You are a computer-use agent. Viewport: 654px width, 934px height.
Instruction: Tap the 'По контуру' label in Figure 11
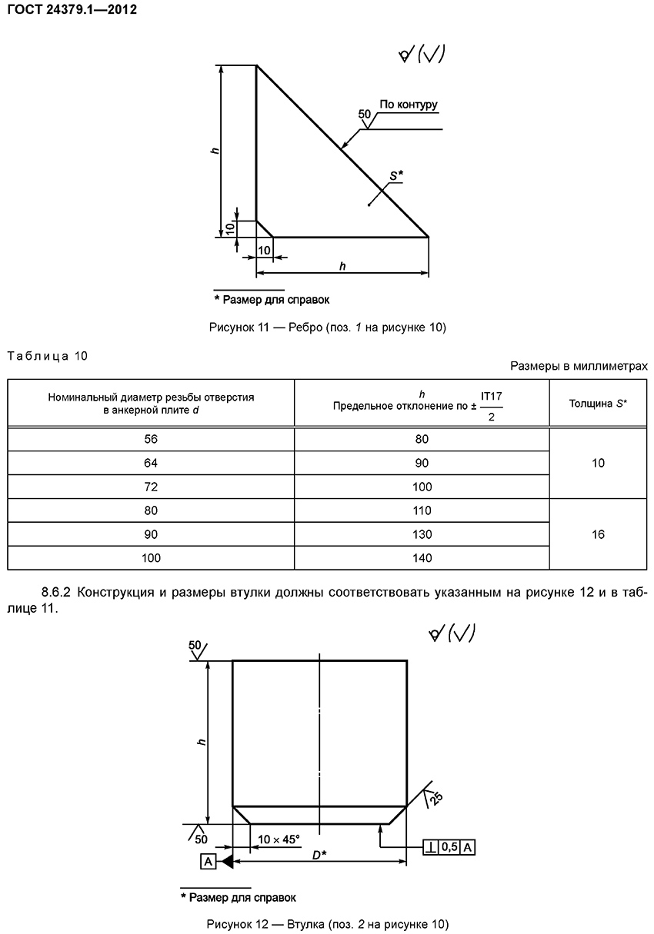(408, 105)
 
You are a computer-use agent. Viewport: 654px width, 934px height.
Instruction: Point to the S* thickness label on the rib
(395, 176)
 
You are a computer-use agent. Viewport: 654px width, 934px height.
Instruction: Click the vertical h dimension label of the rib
(215, 150)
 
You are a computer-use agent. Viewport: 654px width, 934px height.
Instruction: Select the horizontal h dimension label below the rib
(342, 265)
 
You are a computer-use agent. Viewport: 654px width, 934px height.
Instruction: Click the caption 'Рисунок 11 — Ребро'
(327, 327)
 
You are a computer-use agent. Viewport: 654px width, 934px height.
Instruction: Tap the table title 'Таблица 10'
(47, 355)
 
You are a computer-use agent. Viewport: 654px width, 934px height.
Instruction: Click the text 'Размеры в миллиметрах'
(579, 367)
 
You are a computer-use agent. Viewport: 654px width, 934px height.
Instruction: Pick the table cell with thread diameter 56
(151, 439)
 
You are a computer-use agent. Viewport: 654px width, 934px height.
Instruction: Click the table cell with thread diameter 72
(151, 487)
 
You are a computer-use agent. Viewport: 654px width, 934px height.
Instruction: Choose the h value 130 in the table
(422, 534)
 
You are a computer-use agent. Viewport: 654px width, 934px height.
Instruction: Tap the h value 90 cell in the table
(422, 463)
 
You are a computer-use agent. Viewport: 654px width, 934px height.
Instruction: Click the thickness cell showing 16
(598, 534)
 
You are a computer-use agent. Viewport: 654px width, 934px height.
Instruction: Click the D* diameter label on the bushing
(319, 854)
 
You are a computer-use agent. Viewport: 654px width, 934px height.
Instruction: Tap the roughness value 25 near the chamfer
(436, 798)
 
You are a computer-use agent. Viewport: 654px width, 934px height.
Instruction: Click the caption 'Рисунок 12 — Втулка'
(327, 923)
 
